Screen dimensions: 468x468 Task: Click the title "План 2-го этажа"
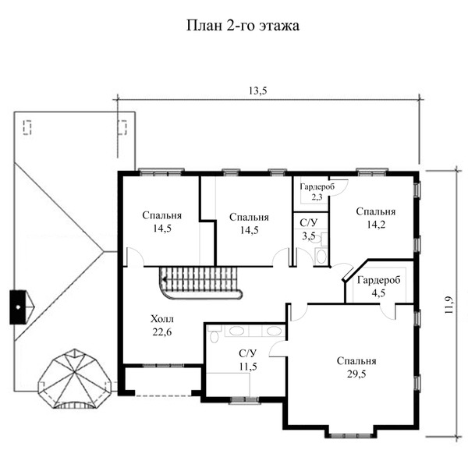click(243, 26)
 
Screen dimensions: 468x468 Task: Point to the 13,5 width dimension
click(258, 90)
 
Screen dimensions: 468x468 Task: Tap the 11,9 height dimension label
click(449, 304)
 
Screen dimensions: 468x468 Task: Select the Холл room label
click(161, 319)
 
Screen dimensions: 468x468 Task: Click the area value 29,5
click(356, 374)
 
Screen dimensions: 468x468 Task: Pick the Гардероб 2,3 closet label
click(317, 192)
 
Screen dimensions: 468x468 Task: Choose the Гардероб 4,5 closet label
click(378, 286)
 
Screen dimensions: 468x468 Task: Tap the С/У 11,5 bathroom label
click(248, 360)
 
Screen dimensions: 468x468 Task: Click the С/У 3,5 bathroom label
click(309, 229)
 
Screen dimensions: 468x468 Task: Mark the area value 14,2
click(376, 225)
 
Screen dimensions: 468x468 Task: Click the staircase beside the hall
click(200, 282)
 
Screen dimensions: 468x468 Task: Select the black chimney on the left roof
click(18, 307)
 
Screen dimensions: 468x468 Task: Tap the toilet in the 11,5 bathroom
click(214, 335)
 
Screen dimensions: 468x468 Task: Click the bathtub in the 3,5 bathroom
click(321, 257)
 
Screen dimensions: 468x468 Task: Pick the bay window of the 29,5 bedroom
click(351, 435)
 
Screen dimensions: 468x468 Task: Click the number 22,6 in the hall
click(162, 332)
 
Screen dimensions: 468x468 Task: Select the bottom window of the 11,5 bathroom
click(244, 400)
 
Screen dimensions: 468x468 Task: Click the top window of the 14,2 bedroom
click(371, 172)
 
